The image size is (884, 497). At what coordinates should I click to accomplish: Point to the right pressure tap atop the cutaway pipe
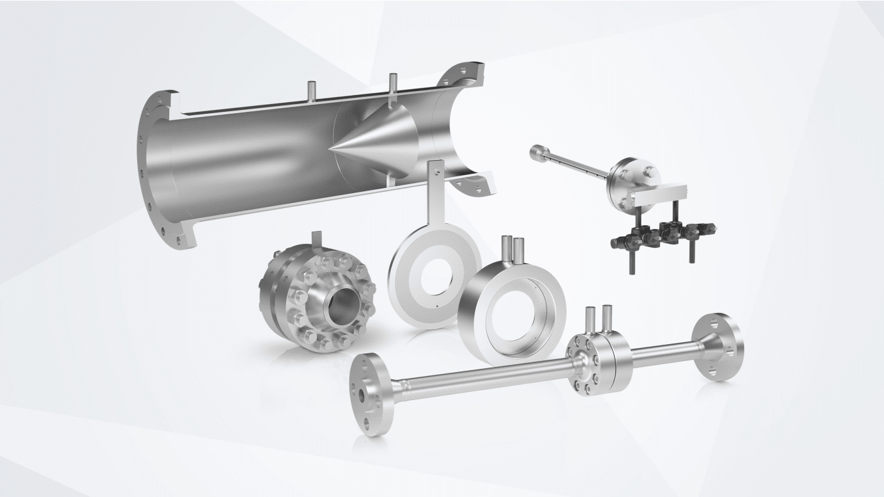tap(392, 85)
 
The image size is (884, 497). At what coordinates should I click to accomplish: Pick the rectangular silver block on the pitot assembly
tap(661, 193)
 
